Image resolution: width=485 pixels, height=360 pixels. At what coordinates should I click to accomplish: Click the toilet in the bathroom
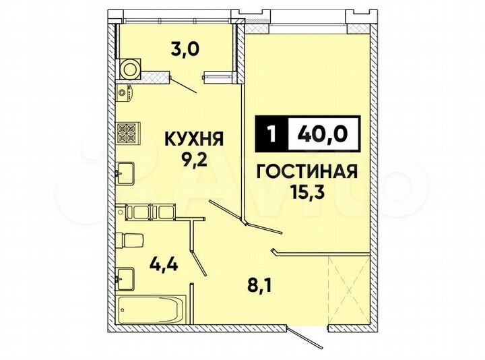[129, 239]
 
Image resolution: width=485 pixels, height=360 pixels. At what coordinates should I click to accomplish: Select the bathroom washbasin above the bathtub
[125, 276]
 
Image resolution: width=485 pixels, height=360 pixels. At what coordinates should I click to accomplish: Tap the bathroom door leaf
[195, 249]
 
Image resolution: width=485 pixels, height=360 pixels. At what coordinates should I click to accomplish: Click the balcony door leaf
[181, 84]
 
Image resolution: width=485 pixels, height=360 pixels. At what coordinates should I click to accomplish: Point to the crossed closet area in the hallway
[346, 288]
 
